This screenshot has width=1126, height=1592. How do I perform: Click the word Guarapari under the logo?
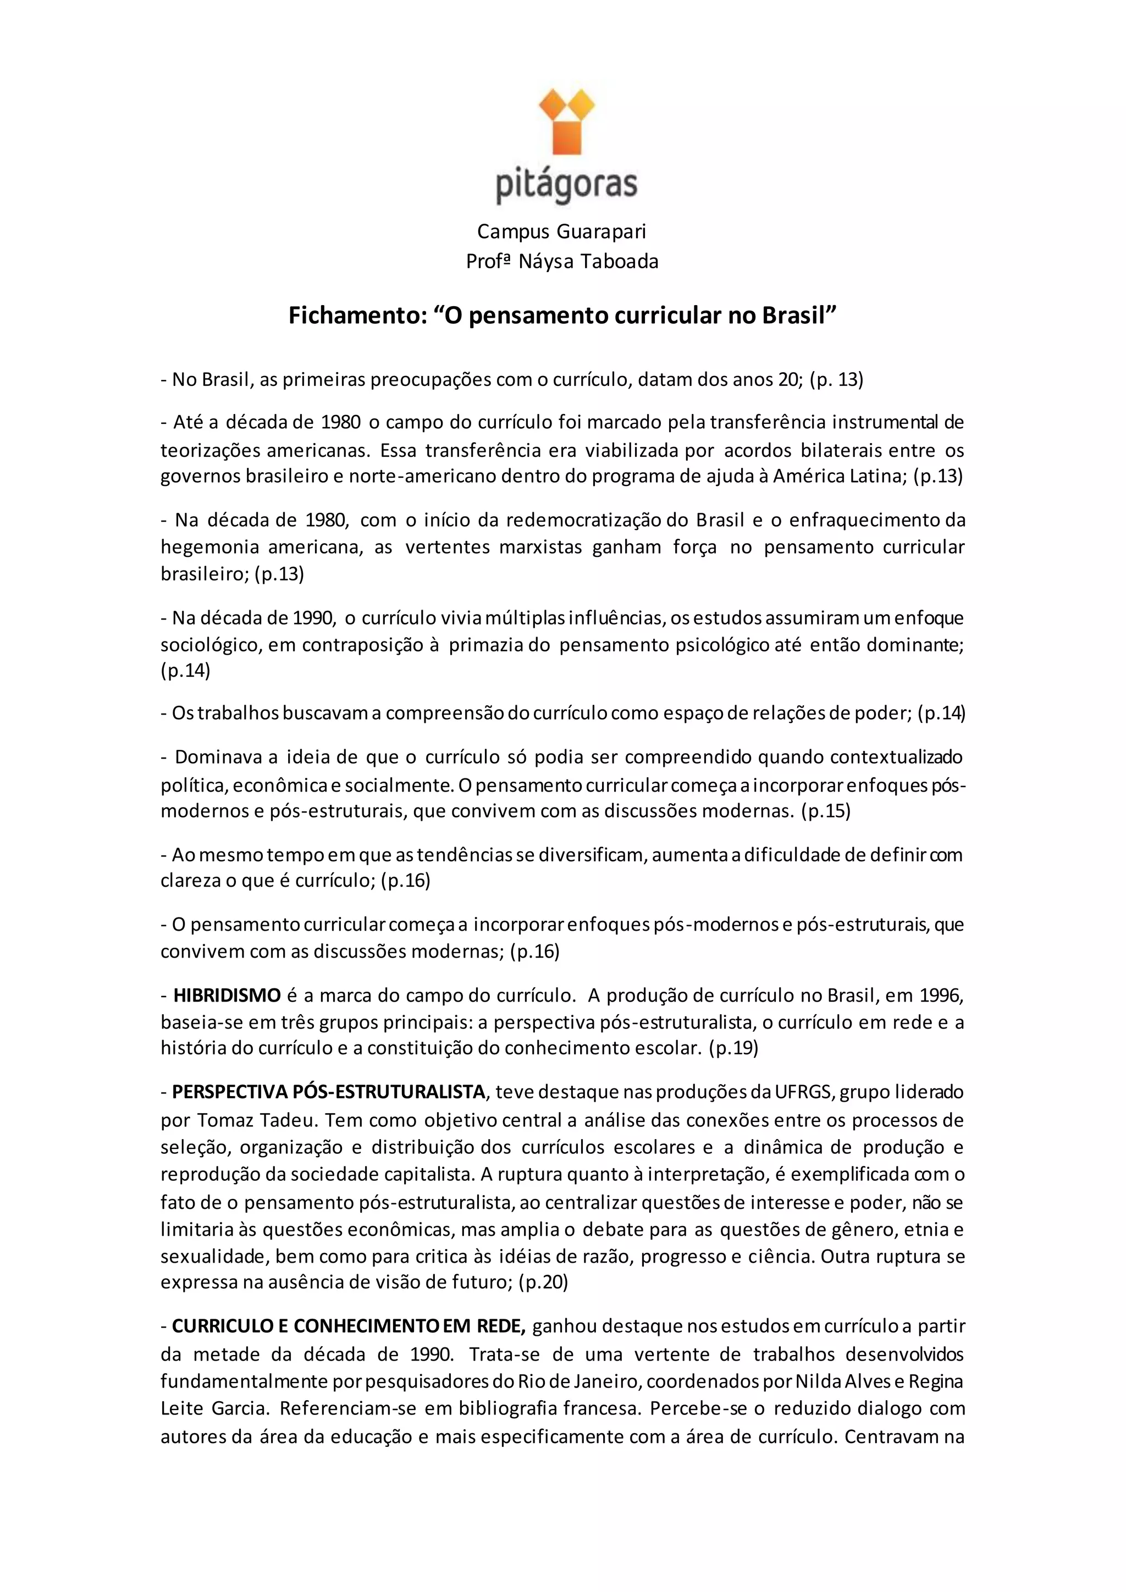(x=601, y=231)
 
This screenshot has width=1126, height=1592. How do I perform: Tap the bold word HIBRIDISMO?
(x=227, y=996)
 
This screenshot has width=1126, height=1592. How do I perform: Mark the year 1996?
(x=941, y=996)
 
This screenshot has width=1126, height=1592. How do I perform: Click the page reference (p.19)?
(x=733, y=1048)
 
